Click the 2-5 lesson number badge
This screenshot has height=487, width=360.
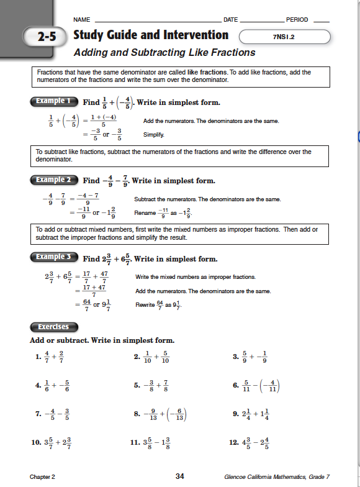point(45,37)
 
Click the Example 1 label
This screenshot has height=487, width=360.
point(54,101)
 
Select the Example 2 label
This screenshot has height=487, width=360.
point(54,180)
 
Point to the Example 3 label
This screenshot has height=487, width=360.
point(54,257)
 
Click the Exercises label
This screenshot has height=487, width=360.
point(53,327)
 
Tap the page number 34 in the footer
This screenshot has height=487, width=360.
point(180,476)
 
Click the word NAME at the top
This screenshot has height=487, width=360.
point(82,20)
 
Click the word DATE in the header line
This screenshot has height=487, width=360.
point(230,20)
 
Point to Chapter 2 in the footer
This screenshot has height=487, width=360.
point(42,477)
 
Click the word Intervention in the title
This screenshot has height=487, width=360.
point(193,35)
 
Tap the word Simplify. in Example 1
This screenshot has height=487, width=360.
point(154,134)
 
